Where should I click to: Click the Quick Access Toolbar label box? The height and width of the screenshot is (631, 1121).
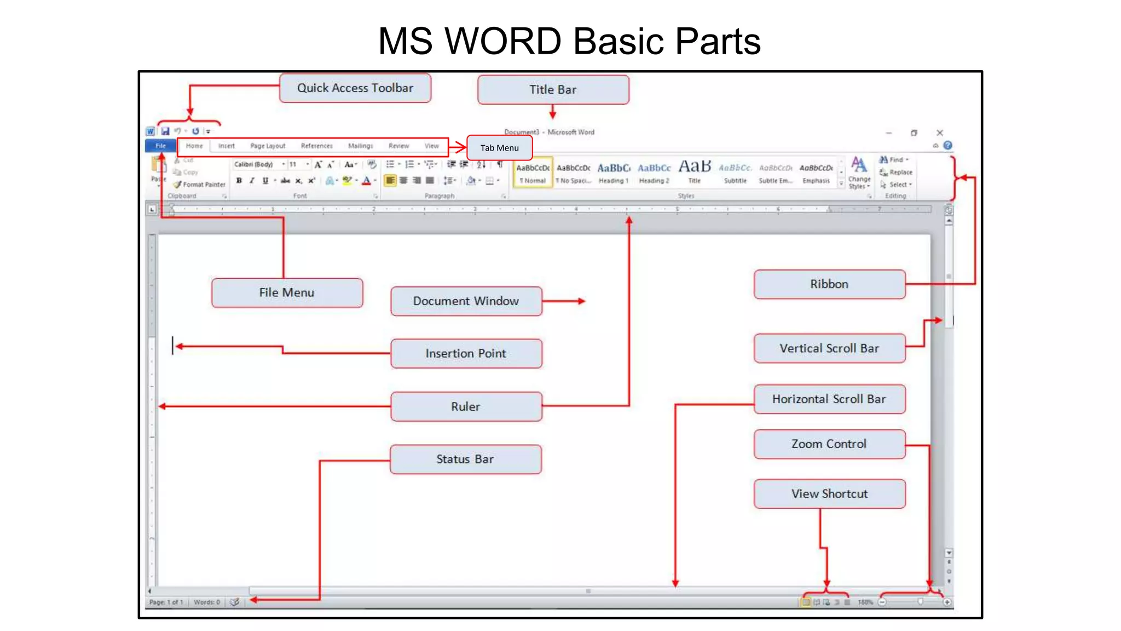(x=355, y=88)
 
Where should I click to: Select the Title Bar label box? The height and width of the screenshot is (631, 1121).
(x=553, y=90)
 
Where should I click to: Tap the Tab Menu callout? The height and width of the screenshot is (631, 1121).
(x=499, y=148)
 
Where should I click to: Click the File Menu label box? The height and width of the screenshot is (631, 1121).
(x=287, y=293)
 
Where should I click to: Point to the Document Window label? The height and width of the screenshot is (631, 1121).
(x=466, y=301)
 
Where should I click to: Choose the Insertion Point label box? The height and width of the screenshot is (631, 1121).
(x=466, y=354)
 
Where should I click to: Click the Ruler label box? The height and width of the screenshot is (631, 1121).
(x=466, y=406)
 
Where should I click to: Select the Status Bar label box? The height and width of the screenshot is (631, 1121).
(x=465, y=459)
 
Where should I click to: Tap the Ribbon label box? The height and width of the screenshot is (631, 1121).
(x=829, y=284)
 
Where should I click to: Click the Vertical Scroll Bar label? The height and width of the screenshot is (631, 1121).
(x=829, y=348)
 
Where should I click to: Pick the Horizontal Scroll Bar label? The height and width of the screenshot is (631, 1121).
(x=829, y=399)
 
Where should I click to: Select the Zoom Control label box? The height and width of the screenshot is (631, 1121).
(x=829, y=444)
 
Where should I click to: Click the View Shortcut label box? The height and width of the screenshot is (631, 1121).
(x=829, y=494)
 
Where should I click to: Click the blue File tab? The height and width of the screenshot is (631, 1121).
(x=160, y=146)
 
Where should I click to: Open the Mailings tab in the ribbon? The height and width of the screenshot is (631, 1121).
(x=360, y=146)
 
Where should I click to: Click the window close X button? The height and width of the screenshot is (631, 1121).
(x=940, y=133)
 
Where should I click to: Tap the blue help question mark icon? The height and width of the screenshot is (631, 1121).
(x=947, y=146)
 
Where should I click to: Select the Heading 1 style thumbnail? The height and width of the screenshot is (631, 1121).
(x=613, y=172)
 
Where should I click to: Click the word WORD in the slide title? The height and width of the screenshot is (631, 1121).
(x=503, y=41)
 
